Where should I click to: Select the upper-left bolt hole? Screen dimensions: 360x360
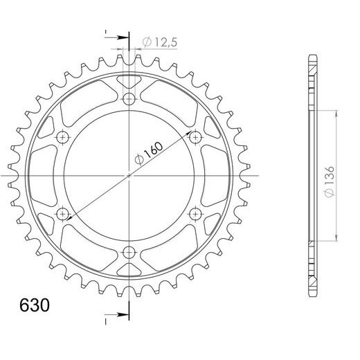point(64,138)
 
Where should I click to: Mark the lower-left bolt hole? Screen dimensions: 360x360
point(64,213)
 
